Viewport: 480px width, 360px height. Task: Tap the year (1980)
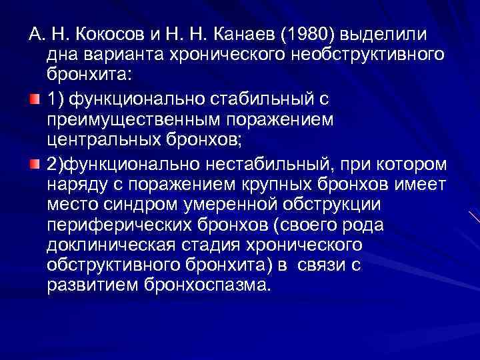309,34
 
